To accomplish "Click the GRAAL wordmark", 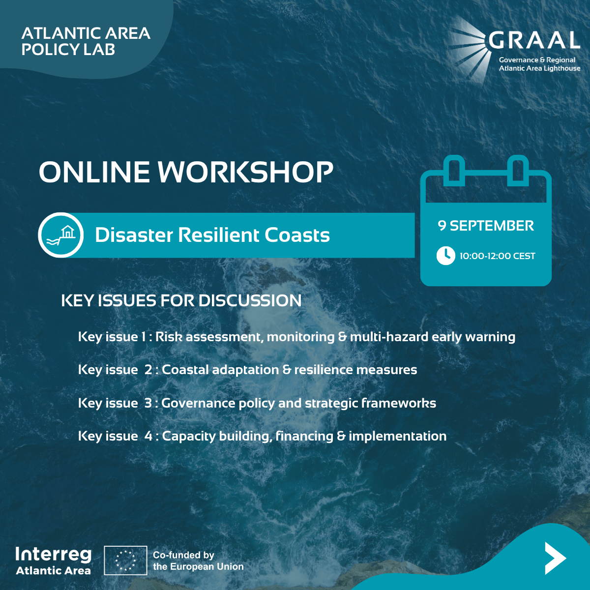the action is [534, 40].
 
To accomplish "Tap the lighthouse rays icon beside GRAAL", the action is [468, 49].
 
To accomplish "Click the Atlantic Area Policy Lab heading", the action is [86, 41].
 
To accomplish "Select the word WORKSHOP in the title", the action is [245, 172].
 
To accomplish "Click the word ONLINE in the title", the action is [94, 172].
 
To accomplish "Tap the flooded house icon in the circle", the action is [60, 235].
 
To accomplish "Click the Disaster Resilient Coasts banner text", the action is [212, 235].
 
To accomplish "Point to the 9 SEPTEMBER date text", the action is [486, 226].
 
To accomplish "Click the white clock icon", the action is [446, 256].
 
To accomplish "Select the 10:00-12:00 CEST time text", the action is [498, 256].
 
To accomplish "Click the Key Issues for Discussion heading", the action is [181, 301].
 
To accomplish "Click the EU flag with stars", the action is [125, 560].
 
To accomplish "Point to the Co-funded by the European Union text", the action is [198, 561].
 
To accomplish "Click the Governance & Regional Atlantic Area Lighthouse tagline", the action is [539, 64].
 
